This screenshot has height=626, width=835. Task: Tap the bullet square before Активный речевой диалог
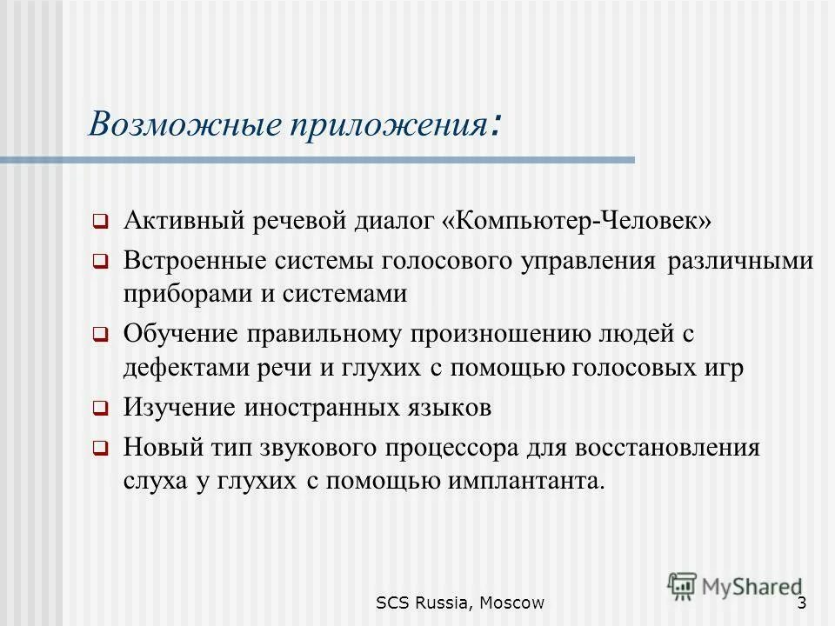100,222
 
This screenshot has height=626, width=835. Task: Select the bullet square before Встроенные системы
100,262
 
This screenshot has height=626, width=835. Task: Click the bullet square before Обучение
100,335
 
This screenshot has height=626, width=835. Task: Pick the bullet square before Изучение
100,408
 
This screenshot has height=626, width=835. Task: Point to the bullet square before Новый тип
100,450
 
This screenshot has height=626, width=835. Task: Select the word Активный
183,220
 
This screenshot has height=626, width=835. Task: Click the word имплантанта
524,481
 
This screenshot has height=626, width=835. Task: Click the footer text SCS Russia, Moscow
460,603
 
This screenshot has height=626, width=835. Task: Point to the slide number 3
801,603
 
